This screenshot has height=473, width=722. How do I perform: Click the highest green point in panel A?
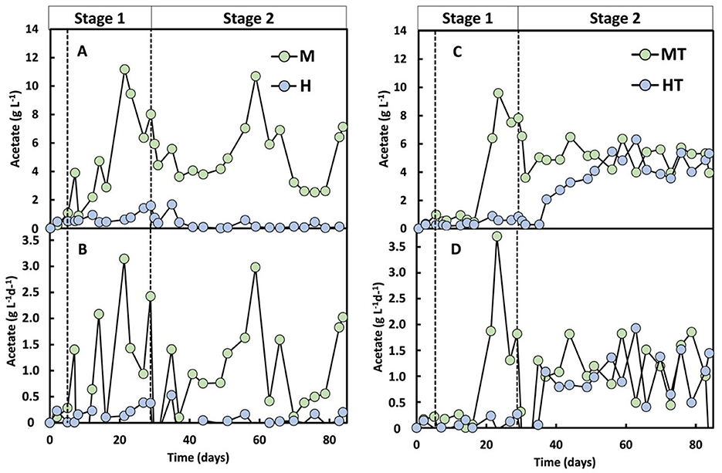point(124,69)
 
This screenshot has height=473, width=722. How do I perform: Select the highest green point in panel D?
point(497,236)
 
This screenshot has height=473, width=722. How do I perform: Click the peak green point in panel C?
point(499,93)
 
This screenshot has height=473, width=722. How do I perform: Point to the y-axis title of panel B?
point(11,327)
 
